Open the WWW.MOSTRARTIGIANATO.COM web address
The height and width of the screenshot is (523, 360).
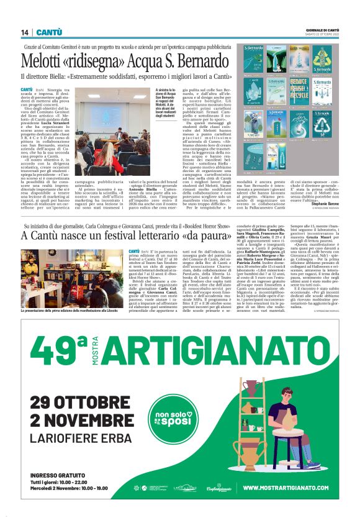tap(286, 489)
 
